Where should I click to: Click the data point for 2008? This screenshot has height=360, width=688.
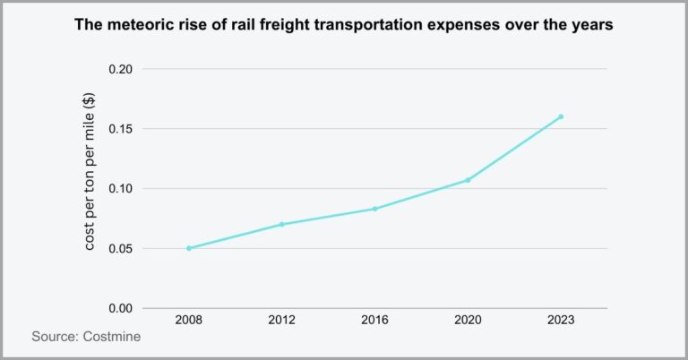189,248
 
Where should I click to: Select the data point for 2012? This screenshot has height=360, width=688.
282,224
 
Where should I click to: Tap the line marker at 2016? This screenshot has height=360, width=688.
374,209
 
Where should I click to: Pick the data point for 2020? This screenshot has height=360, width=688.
468,180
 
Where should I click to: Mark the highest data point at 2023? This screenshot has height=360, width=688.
561,116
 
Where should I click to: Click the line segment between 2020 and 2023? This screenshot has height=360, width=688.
514,149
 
